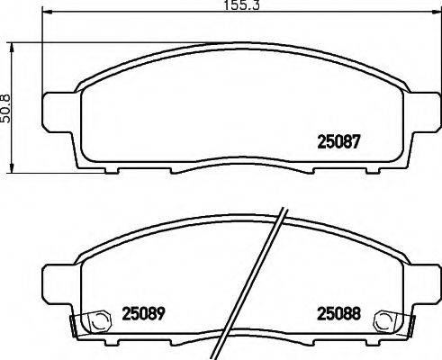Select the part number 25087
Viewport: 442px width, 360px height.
point(340,140)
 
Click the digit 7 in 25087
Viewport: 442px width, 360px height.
point(357,140)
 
